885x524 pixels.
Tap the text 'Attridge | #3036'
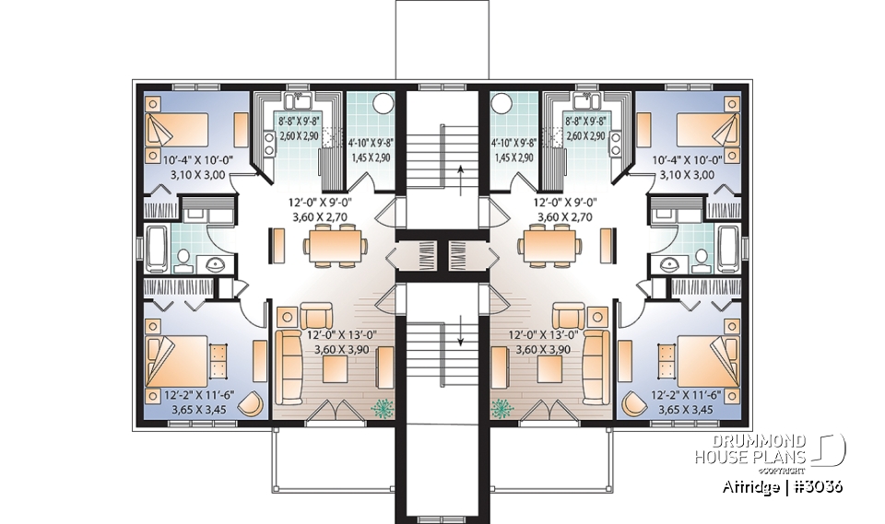[777, 484]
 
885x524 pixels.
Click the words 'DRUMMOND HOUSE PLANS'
[752, 449]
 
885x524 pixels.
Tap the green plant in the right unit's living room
[503, 406]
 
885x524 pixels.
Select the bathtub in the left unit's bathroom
[155, 245]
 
